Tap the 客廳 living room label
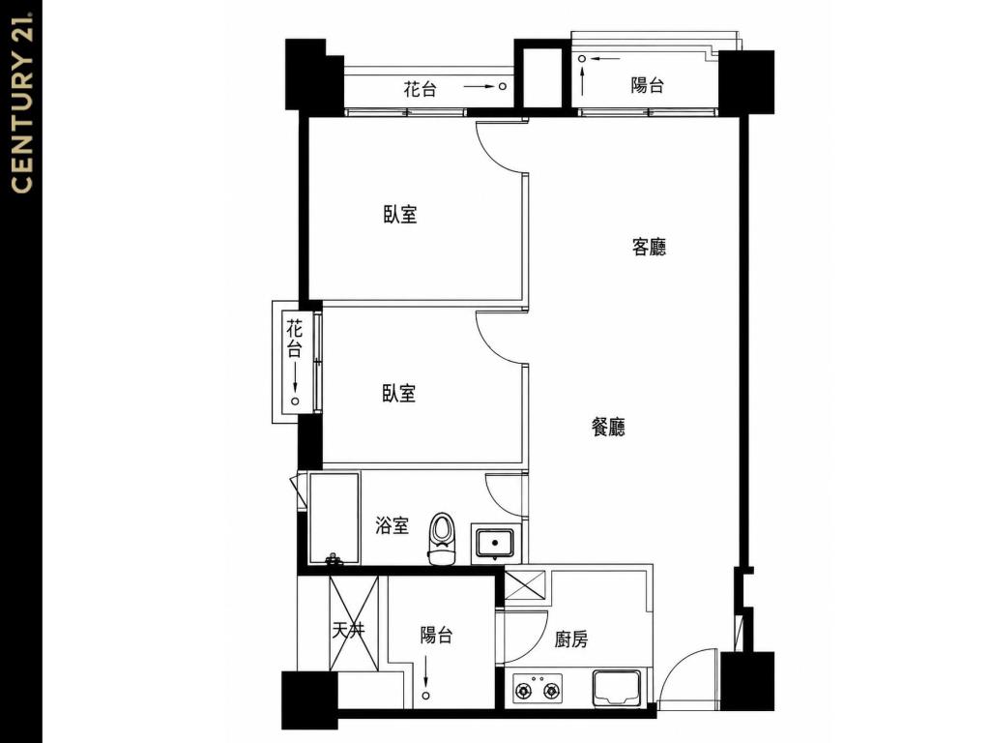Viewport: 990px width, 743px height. tap(649, 247)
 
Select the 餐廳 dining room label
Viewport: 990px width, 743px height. tap(608, 427)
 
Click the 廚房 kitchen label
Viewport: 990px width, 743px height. tap(571, 639)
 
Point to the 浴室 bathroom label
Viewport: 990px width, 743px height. tap(393, 525)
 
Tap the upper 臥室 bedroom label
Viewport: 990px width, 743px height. tap(400, 214)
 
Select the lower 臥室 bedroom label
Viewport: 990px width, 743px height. tap(399, 393)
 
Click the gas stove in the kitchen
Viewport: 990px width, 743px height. tap(538, 689)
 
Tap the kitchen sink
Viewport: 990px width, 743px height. tap(617, 688)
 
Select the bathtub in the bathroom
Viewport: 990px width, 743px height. tap(334, 519)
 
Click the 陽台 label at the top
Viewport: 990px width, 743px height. tap(647, 85)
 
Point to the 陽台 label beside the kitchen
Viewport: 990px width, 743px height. tap(437, 635)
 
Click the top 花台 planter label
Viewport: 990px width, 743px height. tap(420, 88)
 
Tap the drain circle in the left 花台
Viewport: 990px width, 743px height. tap(295, 401)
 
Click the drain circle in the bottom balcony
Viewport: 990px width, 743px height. tap(426, 695)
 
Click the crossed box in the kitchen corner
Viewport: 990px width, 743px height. tap(525, 585)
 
